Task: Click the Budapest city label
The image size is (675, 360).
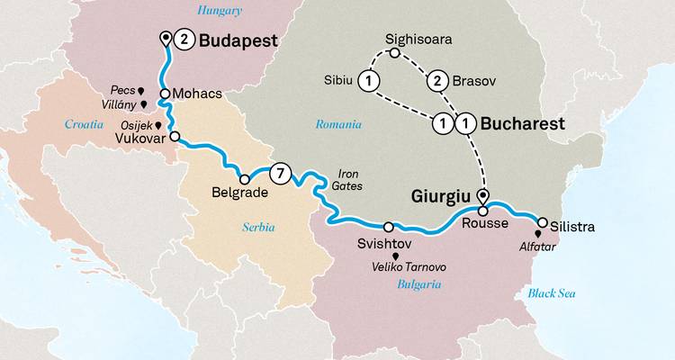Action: click(x=238, y=40)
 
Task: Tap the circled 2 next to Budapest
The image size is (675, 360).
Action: click(x=183, y=39)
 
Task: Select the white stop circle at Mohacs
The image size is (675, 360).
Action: click(x=166, y=94)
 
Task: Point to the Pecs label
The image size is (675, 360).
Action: click(x=123, y=91)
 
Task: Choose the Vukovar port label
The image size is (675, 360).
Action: click(x=140, y=139)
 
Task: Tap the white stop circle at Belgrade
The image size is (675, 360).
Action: click(x=244, y=178)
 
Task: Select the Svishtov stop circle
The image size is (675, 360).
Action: click(x=389, y=228)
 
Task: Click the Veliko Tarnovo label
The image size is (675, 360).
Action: click(x=409, y=267)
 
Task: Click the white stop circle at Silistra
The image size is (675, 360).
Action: click(x=542, y=222)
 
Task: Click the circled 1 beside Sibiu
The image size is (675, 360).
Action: click(x=366, y=82)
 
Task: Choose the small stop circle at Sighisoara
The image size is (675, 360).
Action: click(x=394, y=55)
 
